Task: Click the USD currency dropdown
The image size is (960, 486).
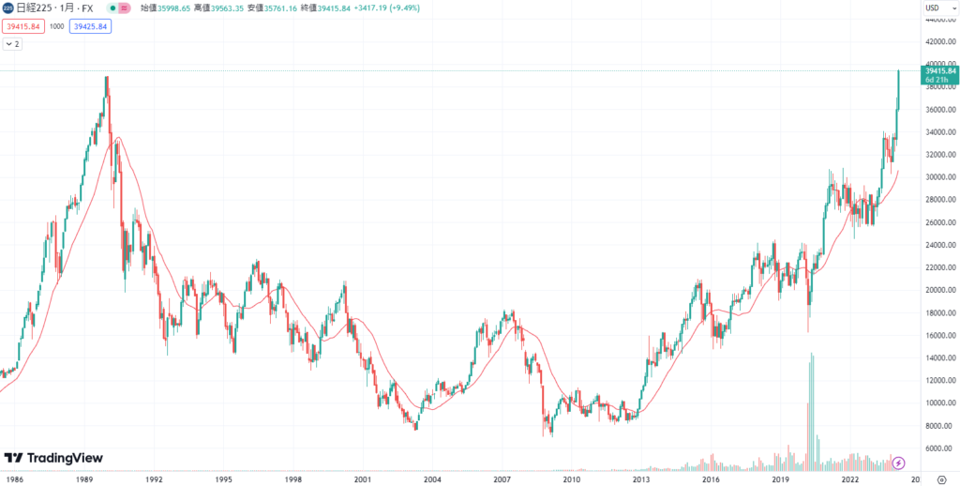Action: [x=933, y=8]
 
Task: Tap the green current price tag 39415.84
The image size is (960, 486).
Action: [x=938, y=70]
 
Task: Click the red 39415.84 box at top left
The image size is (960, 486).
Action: [x=23, y=26]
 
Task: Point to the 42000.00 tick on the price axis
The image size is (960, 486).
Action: [x=939, y=41]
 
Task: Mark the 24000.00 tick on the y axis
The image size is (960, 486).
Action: [x=939, y=245]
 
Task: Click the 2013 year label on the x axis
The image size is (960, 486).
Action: [x=641, y=478]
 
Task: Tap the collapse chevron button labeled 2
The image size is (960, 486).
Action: [x=13, y=44]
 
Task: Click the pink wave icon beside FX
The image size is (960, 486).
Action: [x=124, y=8]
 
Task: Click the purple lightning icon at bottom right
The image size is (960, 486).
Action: [x=898, y=462]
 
